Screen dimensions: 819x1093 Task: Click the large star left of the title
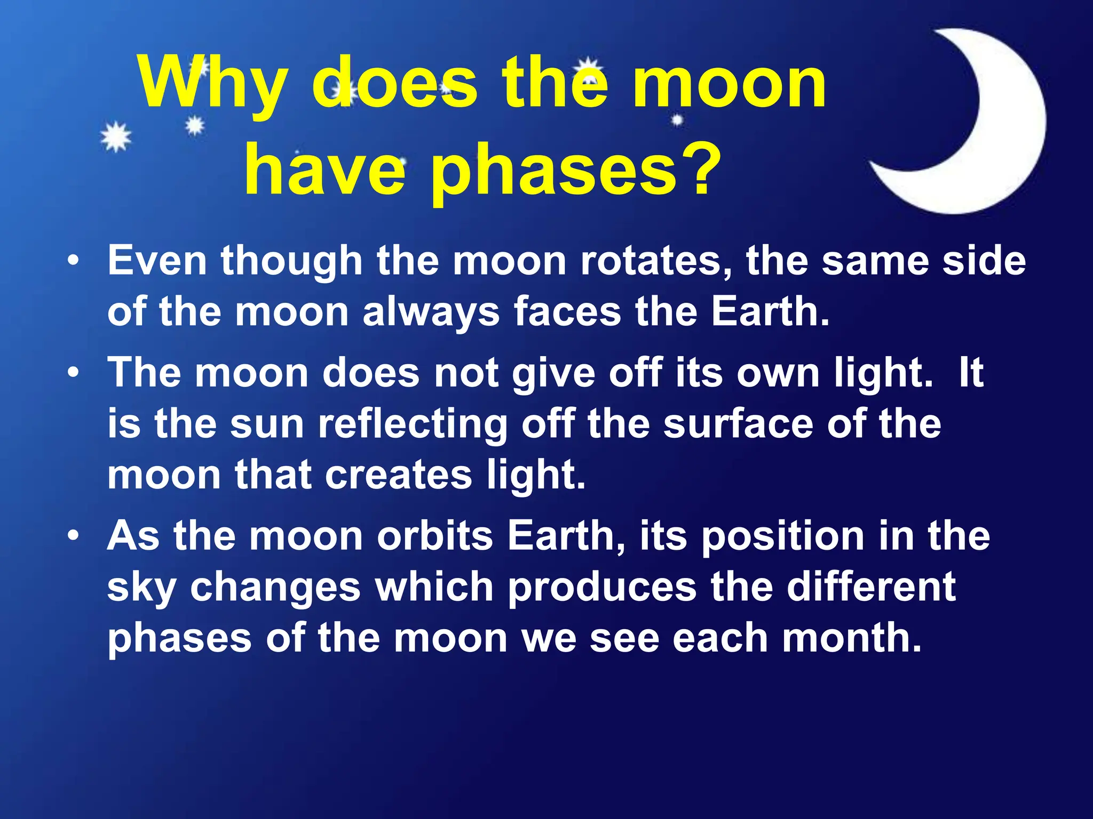tap(116, 137)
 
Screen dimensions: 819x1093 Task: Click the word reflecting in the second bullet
tap(413, 424)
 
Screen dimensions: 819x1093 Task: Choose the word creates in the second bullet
tap(398, 475)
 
